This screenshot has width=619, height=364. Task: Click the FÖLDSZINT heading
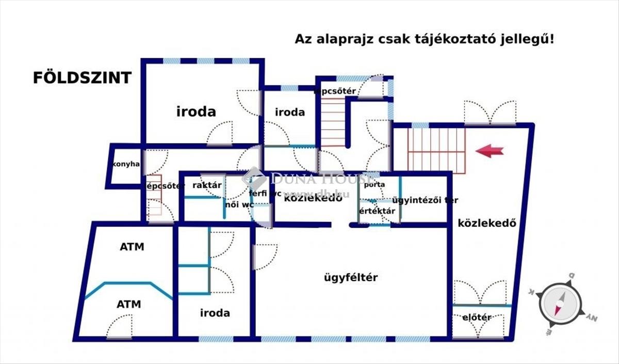[x=82, y=77]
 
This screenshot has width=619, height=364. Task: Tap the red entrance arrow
[x=489, y=151]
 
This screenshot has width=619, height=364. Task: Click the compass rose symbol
[x=561, y=303]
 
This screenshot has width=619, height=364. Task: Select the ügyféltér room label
[x=351, y=278]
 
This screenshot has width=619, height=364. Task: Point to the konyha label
[x=126, y=164]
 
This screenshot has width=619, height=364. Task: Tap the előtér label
[x=477, y=318]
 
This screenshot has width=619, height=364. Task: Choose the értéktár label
[x=377, y=211]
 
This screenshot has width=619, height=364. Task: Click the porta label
[x=374, y=184]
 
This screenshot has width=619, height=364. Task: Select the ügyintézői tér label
[x=425, y=200]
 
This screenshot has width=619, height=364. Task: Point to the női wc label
[x=239, y=204]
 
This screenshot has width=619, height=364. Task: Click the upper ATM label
[x=132, y=247]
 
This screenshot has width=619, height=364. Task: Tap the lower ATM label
[x=128, y=304]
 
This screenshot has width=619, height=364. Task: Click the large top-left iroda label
[x=196, y=112]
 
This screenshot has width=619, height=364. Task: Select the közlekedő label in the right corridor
[x=487, y=224]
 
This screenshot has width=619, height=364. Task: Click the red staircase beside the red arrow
[x=436, y=150]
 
